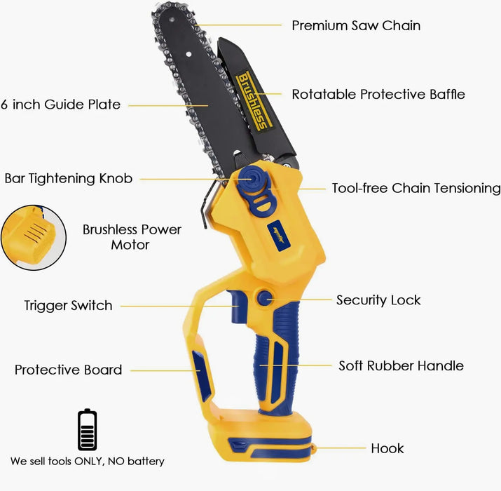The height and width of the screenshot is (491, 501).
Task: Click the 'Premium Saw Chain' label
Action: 356,25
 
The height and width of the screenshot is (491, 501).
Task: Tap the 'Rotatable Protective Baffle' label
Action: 378,95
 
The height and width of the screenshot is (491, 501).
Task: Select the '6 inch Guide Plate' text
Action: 60,105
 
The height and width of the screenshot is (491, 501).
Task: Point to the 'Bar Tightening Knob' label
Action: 69,178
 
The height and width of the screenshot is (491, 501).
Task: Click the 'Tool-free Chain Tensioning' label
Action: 416,188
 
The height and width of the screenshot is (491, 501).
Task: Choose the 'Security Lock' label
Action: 378,300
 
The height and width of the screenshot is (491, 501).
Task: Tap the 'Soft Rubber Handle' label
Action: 401,365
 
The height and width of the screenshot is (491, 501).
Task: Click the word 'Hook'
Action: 387,448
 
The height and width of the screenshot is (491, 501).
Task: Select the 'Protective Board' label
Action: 69,370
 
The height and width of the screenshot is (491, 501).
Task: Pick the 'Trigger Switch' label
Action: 69,306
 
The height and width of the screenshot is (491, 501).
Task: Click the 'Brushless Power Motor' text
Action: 132,237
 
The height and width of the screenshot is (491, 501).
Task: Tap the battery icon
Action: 87,429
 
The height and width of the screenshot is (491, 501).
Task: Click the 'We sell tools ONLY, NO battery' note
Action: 87,462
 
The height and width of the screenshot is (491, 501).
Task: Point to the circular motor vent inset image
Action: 34,238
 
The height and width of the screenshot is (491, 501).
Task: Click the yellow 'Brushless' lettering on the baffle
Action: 254,101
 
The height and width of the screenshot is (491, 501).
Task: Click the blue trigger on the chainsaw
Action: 238,306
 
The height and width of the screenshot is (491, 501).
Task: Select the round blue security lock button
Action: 265,298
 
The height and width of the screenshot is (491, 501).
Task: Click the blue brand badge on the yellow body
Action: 279,236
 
